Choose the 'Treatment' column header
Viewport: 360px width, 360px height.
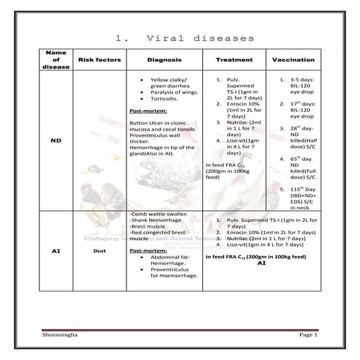[x=233, y=60]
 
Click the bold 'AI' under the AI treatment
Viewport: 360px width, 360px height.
[x=262, y=263]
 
